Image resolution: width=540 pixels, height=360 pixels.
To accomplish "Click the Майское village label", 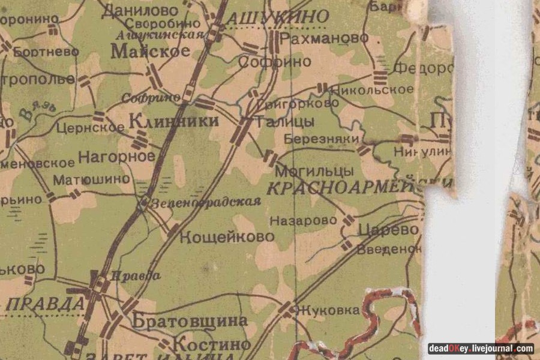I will [x=150, y=52].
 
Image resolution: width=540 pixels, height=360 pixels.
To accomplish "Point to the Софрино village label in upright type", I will [x=275, y=62].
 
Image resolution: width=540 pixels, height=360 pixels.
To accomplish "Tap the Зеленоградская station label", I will [x=206, y=202].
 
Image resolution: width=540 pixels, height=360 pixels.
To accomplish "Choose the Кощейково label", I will [x=227, y=236].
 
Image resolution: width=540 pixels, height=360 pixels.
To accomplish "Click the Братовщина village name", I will [x=189, y=320].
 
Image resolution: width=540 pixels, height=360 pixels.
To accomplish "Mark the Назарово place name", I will [x=304, y=221].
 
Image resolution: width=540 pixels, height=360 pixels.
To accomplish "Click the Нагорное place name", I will [x=116, y=157].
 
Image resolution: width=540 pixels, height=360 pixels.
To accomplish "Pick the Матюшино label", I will [x=91, y=179].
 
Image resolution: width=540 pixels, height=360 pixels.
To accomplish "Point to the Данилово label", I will [x=140, y=10].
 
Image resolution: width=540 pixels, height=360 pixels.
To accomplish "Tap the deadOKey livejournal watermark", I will [x=481, y=348].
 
